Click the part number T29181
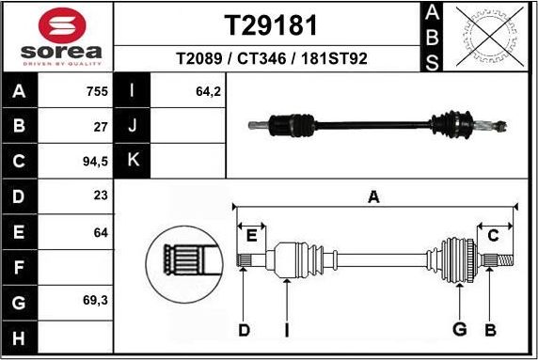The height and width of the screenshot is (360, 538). (x=270, y=24)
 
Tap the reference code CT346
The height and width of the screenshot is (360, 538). (x=264, y=59)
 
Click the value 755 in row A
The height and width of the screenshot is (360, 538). (x=97, y=92)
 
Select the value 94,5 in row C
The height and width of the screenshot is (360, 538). (x=95, y=161)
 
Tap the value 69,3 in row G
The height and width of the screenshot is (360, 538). (x=95, y=302)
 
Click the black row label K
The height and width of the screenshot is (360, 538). (x=133, y=161)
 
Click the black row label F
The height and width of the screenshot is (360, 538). (x=20, y=267)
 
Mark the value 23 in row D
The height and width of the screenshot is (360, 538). (x=101, y=196)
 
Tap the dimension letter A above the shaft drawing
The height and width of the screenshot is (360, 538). (x=373, y=197)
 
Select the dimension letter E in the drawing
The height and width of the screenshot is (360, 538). (x=250, y=235)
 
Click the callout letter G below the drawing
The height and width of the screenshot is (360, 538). (x=459, y=328)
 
